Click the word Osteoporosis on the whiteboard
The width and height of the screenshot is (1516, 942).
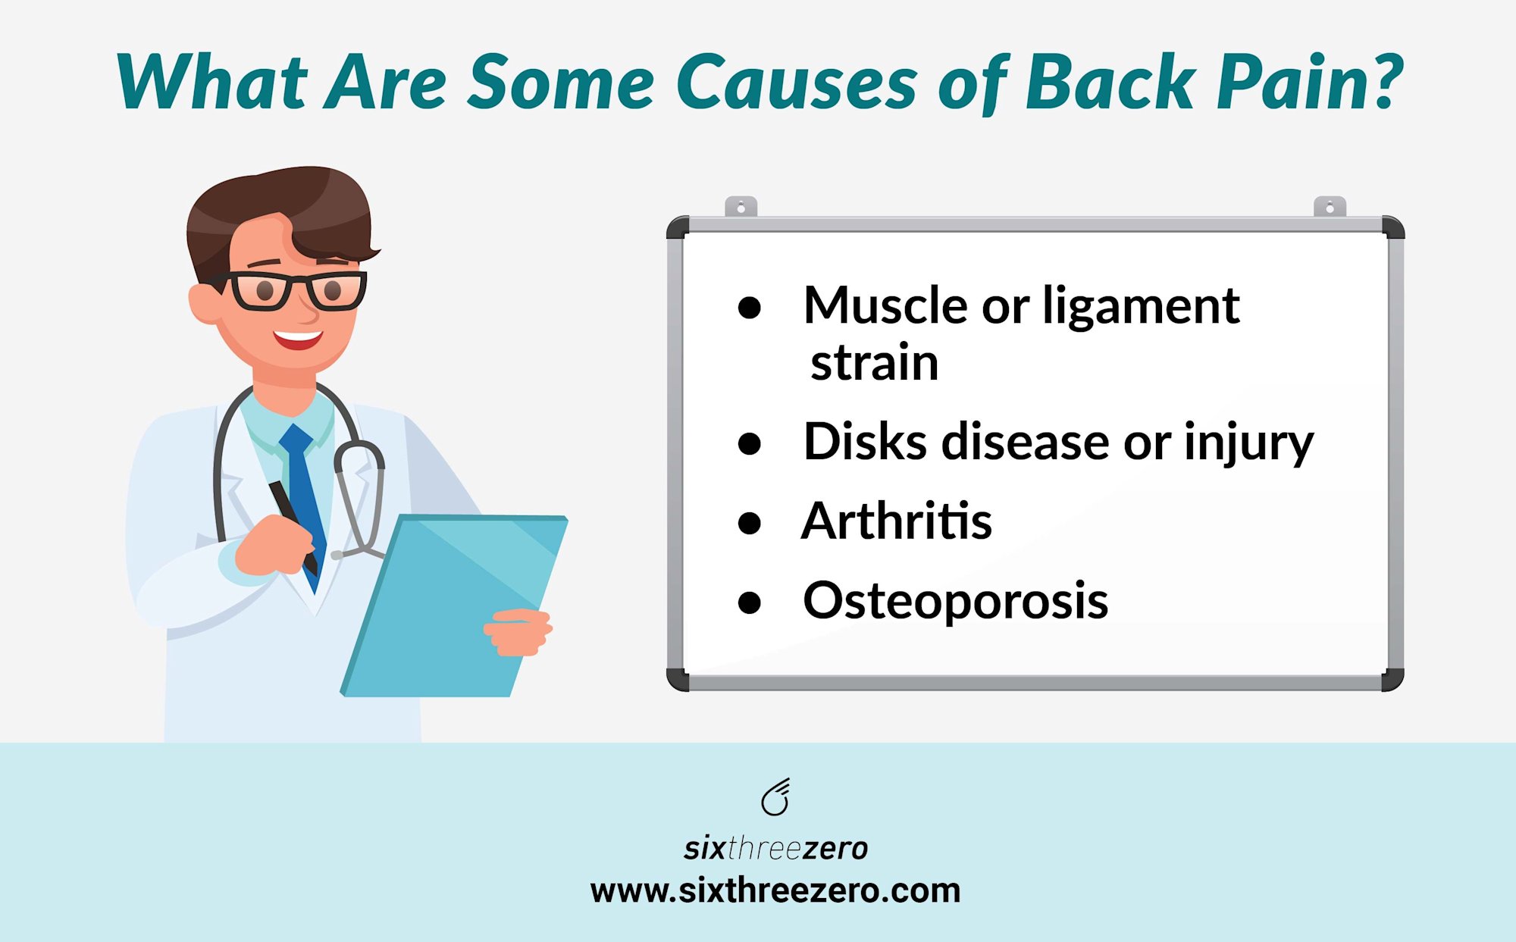click(x=955, y=601)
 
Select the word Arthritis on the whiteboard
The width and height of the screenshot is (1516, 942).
click(x=897, y=521)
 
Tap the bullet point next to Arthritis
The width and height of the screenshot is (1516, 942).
click(x=749, y=523)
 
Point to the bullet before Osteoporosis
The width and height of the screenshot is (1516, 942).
click(x=749, y=602)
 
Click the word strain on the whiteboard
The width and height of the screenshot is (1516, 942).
click(x=875, y=362)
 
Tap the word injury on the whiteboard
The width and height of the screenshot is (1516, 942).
click(x=1248, y=443)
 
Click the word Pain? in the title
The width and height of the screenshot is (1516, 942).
click(x=1310, y=82)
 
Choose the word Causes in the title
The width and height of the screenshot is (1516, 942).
click(x=797, y=82)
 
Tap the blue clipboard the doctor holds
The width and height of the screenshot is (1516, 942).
click(x=453, y=605)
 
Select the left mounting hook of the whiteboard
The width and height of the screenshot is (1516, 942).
click(x=741, y=206)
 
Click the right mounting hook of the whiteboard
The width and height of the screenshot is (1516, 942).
click(x=1330, y=206)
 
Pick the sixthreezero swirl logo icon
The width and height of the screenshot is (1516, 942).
click(x=776, y=797)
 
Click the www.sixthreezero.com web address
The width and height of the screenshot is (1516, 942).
click(x=775, y=890)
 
